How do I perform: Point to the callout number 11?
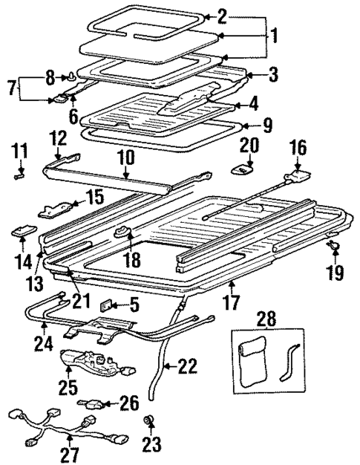(19, 152)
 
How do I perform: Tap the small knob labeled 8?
(71, 74)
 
